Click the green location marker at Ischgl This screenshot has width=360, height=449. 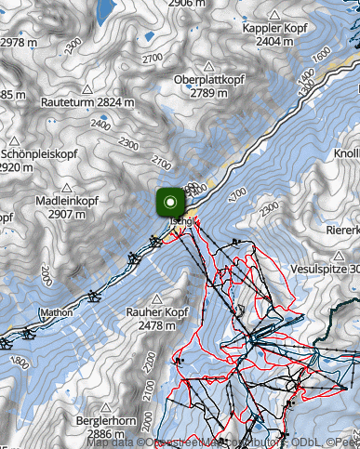tap(170, 202)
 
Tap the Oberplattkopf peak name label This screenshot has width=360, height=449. tap(208, 80)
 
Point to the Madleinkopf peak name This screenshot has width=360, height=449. tap(67, 200)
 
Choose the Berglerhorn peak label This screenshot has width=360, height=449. tap(103, 421)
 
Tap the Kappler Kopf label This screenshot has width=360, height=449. tap(274, 29)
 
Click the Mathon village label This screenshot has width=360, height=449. tap(56, 313)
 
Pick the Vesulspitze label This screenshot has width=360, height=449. tap(325, 268)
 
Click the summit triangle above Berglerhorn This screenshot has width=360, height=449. tap(103, 408)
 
